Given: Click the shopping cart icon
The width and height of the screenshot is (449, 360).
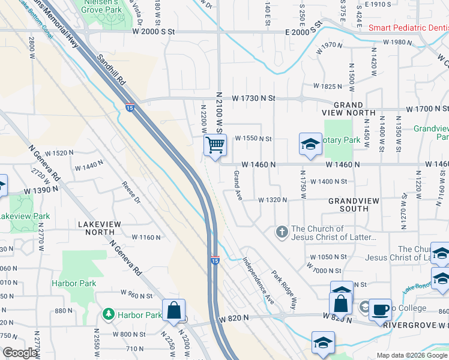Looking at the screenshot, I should [x=215, y=145].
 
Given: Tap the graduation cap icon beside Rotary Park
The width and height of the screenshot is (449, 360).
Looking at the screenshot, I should [x=310, y=145].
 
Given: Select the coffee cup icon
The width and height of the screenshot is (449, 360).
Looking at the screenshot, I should [x=379, y=310].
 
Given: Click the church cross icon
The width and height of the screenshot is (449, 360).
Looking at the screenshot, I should [x=281, y=232].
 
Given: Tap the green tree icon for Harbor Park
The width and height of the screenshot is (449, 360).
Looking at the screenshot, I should [x=108, y=314].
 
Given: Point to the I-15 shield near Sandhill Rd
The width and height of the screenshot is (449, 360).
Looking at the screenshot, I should [x=130, y=108].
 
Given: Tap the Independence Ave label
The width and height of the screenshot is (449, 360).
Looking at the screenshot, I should [x=258, y=280].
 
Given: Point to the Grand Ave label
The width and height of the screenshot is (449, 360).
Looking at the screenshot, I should [x=238, y=185].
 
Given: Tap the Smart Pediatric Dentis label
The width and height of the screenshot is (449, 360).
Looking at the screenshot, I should [x=408, y=28].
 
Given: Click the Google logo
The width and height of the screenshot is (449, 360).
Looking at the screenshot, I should [x=20, y=353].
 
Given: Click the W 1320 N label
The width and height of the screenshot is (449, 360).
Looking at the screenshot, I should [x=273, y=200].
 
